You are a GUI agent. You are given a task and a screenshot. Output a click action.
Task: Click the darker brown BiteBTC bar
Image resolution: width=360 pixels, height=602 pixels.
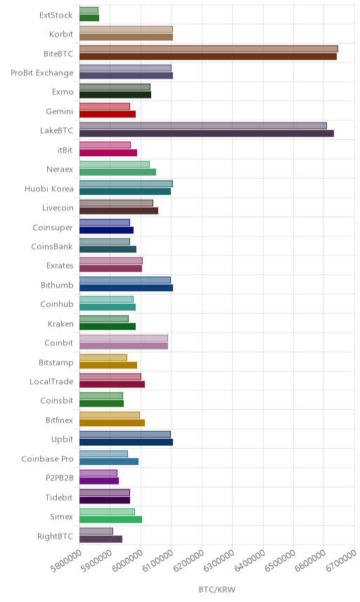[208, 56]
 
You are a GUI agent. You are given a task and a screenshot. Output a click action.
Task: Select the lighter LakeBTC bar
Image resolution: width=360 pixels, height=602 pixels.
[203, 126]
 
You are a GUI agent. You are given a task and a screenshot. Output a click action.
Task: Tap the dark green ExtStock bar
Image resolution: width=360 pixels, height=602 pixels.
[89, 18]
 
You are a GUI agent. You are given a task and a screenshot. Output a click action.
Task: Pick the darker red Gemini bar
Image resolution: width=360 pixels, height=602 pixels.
[108, 114]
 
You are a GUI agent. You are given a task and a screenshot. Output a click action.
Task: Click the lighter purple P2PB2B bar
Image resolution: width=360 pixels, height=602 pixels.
[98, 473]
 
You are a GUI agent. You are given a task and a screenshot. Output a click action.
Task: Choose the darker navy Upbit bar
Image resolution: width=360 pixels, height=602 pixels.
[127, 442]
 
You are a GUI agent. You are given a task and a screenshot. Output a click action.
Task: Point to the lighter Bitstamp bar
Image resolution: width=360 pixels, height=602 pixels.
[103, 357]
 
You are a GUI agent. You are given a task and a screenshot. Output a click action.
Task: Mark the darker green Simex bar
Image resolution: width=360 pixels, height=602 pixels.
[111, 520]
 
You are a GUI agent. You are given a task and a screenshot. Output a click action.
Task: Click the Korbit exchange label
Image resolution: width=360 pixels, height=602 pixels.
[61, 34]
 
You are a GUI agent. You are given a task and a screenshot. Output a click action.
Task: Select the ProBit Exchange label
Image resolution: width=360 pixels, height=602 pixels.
[41, 73]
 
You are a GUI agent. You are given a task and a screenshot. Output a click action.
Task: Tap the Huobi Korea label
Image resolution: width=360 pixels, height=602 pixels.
[49, 188]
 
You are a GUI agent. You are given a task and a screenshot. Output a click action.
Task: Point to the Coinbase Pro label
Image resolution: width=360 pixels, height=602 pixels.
[47, 459]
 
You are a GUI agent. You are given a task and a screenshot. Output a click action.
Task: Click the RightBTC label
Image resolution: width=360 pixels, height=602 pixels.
[55, 536]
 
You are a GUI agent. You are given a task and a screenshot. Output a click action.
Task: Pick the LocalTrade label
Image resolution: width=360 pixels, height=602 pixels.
[51, 382]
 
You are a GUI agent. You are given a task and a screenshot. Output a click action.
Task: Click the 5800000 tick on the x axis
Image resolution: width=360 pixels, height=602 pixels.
[66, 561]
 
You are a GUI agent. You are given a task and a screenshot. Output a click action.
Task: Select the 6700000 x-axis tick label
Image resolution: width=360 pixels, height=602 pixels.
[342, 561]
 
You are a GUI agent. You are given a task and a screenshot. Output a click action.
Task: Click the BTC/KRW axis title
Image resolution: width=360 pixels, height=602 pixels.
[217, 590]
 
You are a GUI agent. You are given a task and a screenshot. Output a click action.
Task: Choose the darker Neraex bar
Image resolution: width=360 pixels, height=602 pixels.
[118, 172]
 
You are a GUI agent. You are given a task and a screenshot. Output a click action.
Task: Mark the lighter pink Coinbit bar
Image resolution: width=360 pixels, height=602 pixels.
[124, 338]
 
